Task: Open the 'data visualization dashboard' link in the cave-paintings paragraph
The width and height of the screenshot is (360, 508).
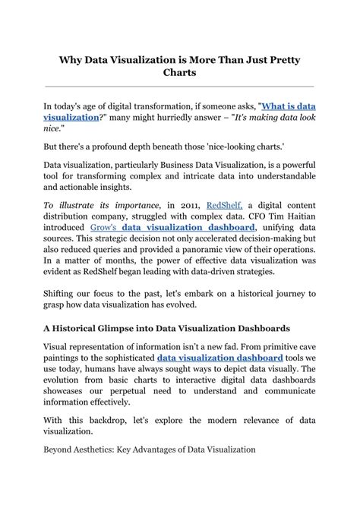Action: pyautogui.click(x=220, y=358)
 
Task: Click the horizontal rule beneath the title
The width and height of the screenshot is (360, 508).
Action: pyautogui.click(x=180, y=87)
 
